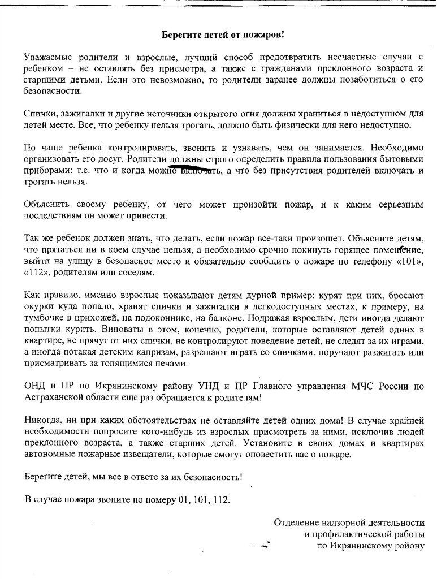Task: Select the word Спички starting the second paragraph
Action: [39, 114]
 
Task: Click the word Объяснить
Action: [46, 204]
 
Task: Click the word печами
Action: [174, 363]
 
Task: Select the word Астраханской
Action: [57, 397]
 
